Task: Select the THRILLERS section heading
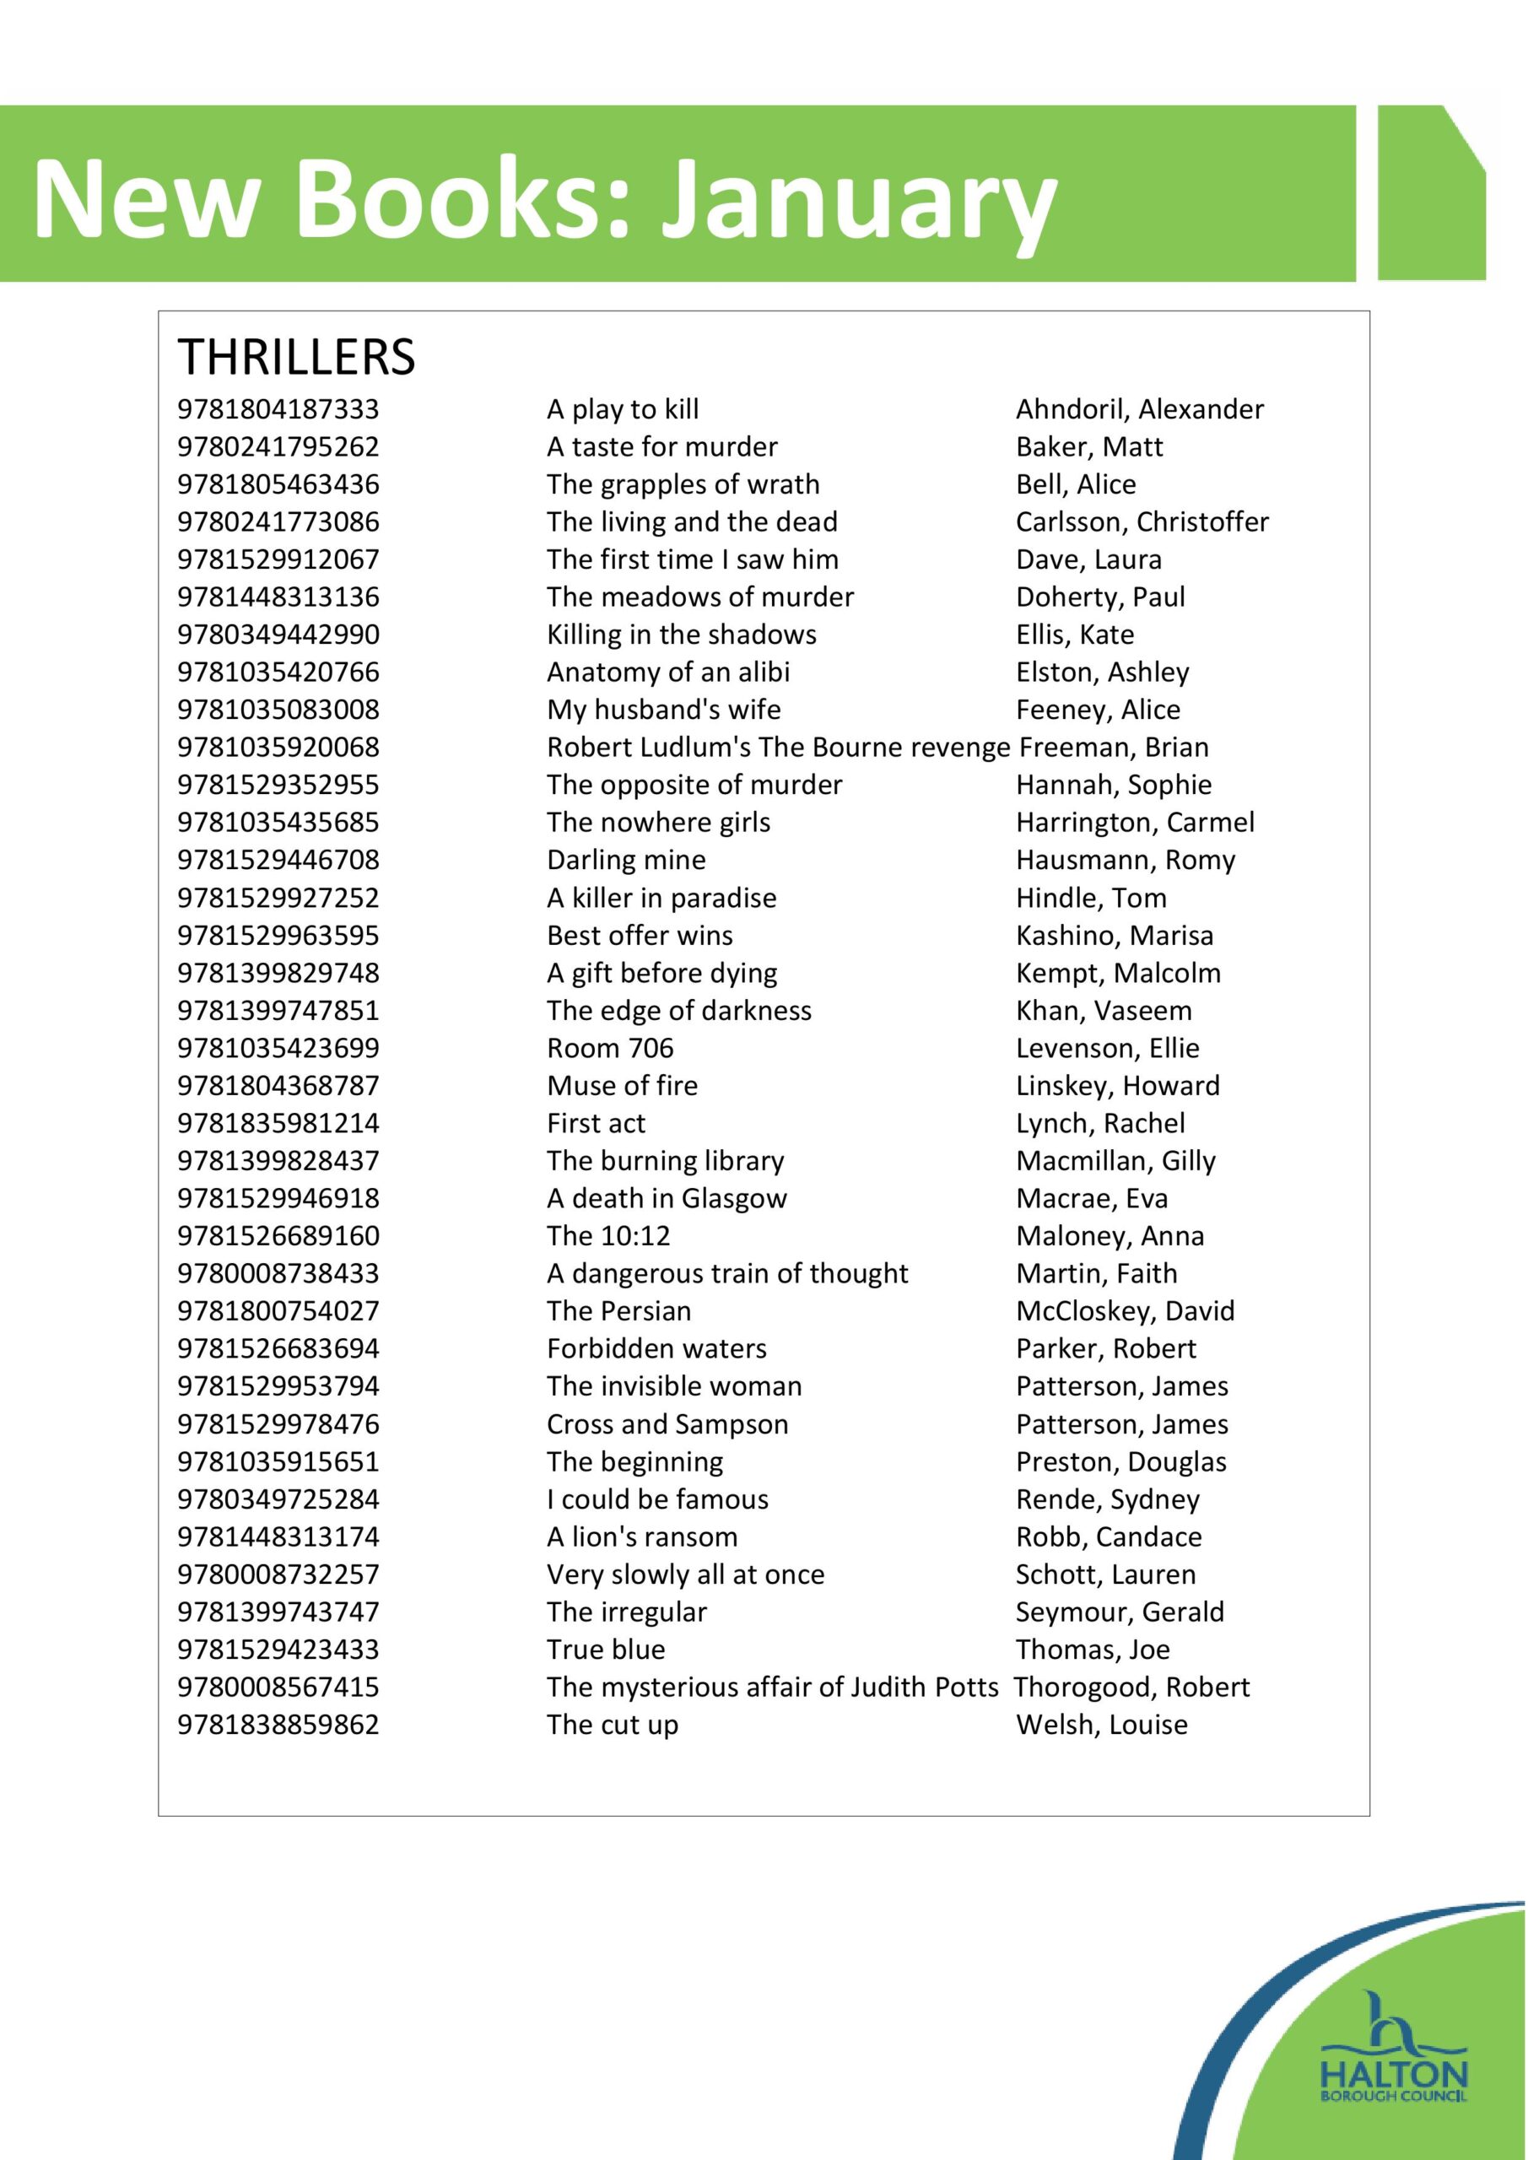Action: [x=296, y=358]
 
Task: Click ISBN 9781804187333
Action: [x=278, y=409]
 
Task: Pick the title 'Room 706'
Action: [x=610, y=1048]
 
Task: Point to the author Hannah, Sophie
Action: [x=1113, y=785]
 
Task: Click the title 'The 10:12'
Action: [x=607, y=1236]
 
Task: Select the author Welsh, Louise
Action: [x=1101, y=1725]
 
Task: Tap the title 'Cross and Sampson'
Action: [x=667, y=1424]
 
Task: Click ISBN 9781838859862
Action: [x=278, y=1725]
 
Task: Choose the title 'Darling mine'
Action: [x=626, y=860]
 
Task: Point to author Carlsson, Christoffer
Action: [x=1142, y=522]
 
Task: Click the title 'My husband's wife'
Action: [x=663, y=710]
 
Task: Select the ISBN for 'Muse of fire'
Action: [x=278, y=1086]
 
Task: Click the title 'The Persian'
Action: [x=618, y=1311]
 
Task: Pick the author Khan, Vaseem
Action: [x=1103, y=1010]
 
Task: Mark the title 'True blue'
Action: [x=606, y=1650]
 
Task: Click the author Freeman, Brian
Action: [x=1114, y=747]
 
